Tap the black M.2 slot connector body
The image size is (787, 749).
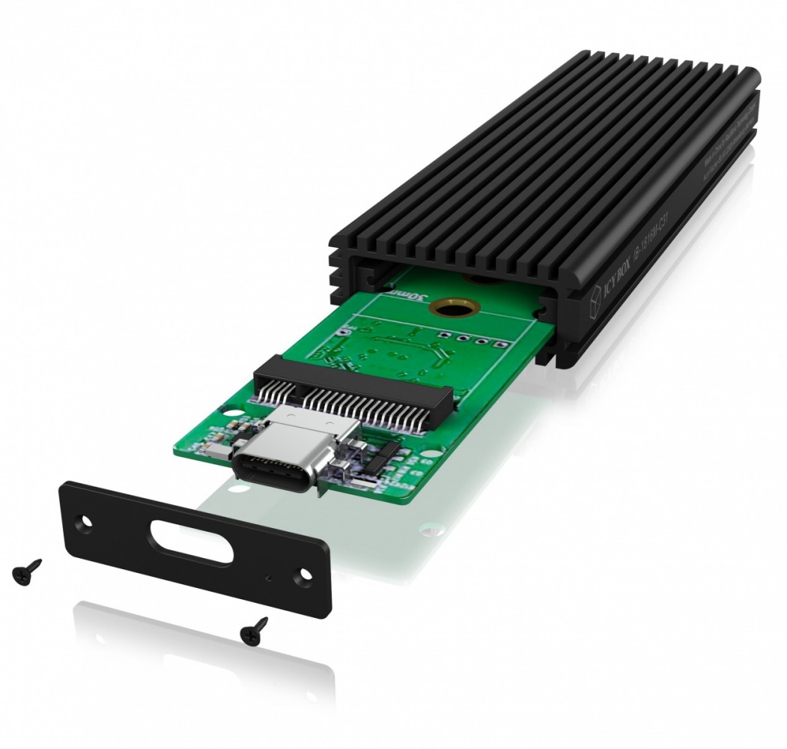point(352,374)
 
